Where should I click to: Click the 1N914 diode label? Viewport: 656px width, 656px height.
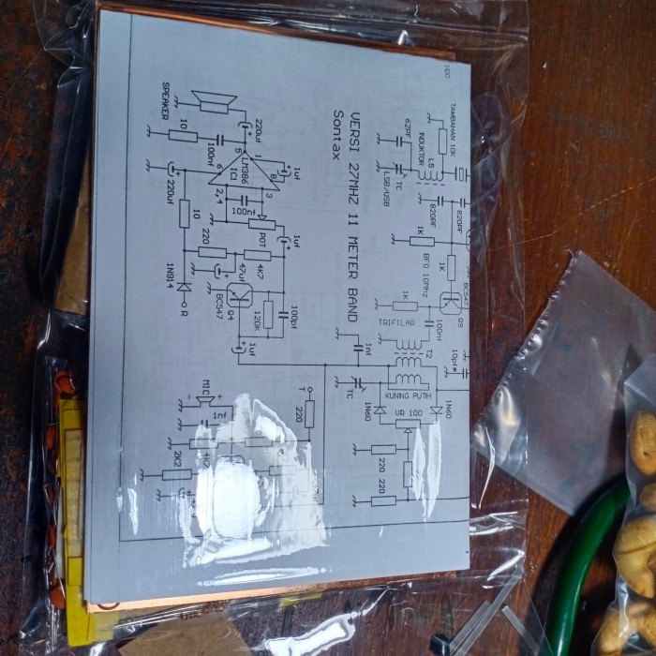pyautogui.click(x=170, y=273)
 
